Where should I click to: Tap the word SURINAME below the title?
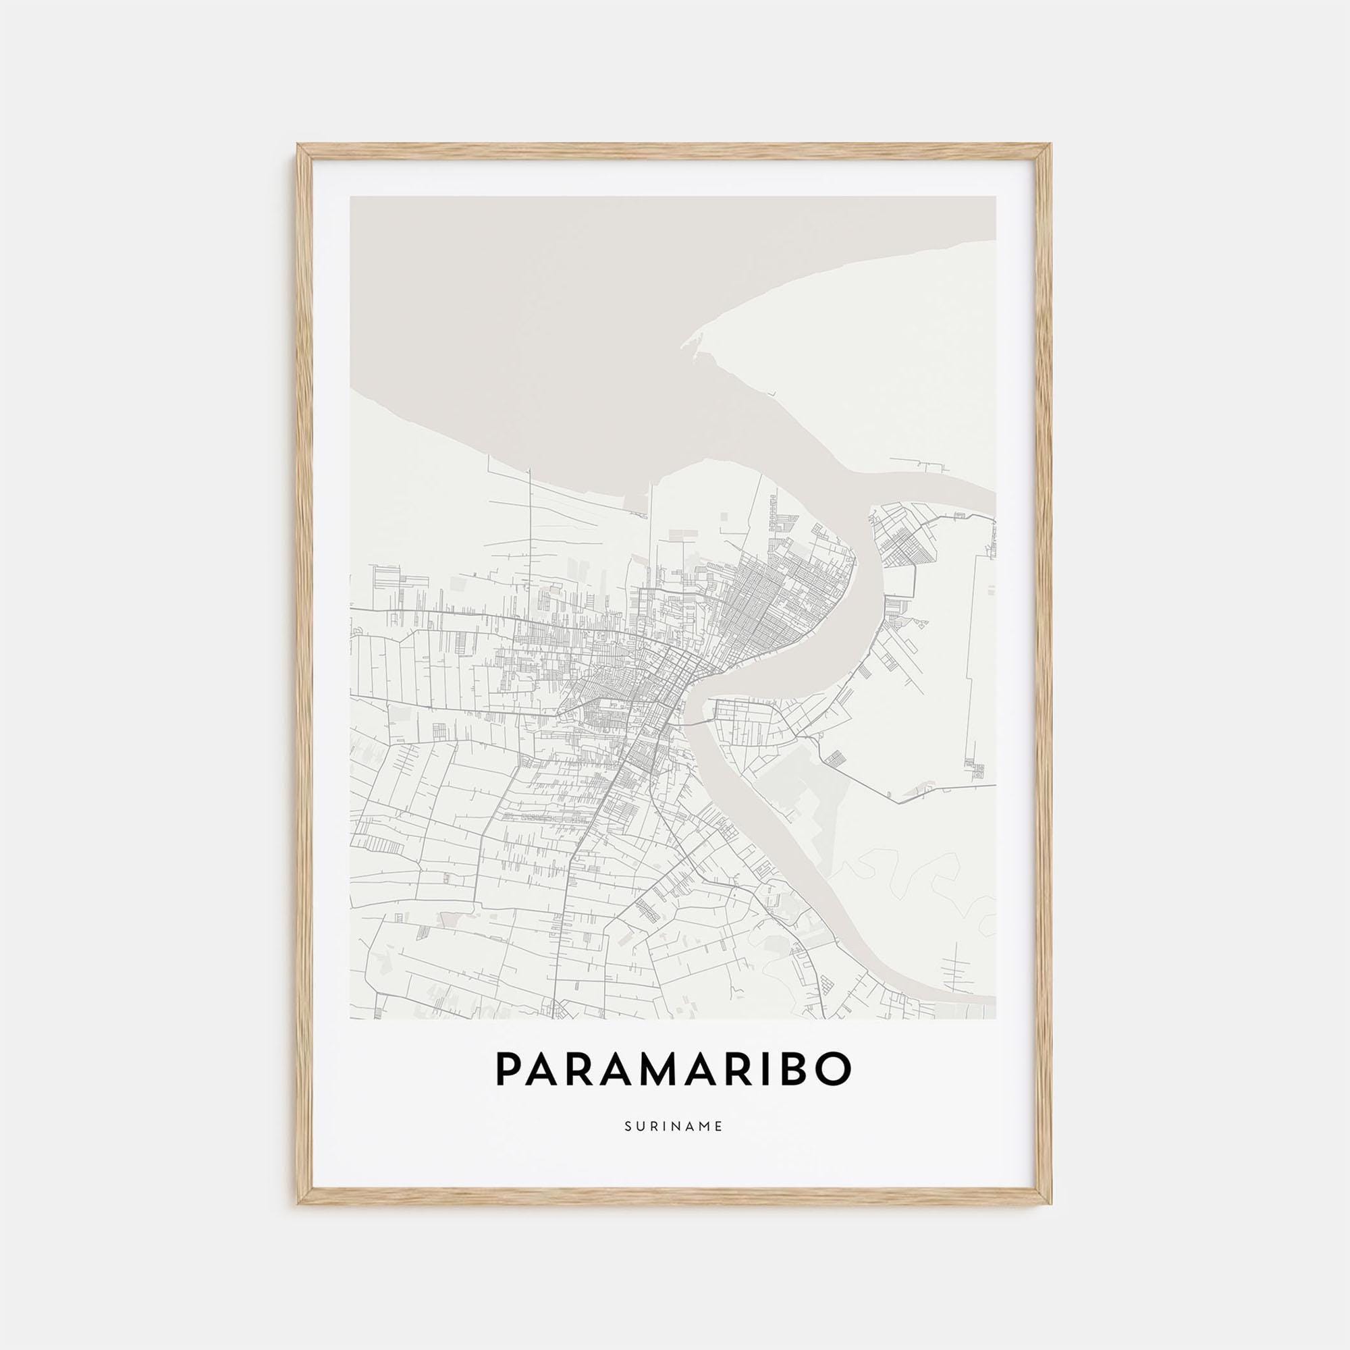[674, 1145]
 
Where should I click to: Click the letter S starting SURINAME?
[628, 1145]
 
